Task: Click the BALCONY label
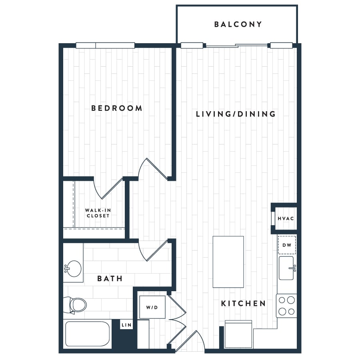tap(238, 24)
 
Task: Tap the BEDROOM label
tap(117, 108)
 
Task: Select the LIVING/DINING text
tap(236, 114)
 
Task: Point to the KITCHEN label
tap(243, 304)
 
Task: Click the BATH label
tap(110, 278)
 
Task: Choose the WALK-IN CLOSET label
tap(98, 213)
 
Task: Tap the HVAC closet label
tap(286, 218)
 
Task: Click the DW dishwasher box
tap(287, 245)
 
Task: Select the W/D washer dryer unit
tap(152, 307)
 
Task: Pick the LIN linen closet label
tap(126, 325)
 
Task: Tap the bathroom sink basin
tap(73, 268)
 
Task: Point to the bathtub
tap(88, 334)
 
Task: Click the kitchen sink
tap(287, 268)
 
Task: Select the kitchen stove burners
tap(286, 306)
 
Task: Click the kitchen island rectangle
tap(228, 262)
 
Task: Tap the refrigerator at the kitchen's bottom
tap(238, 334)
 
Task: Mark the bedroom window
tap(105, 46)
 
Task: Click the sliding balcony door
tap(237, 46)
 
